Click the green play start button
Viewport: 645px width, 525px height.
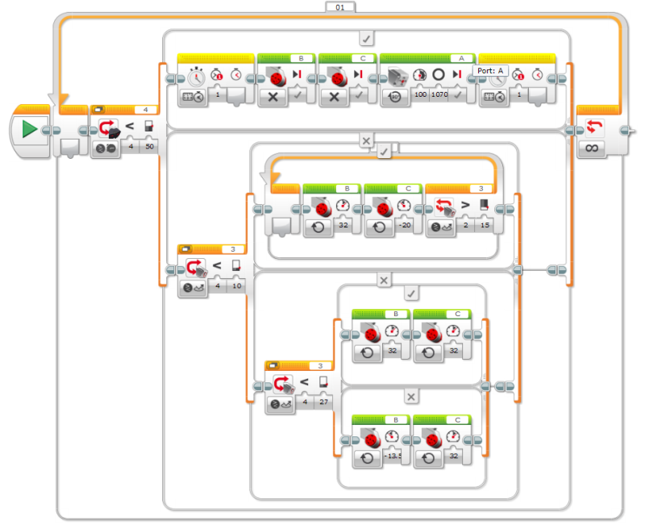[x=30, y=129]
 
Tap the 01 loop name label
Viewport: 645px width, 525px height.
[x=339, y=6]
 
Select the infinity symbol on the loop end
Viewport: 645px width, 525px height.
[x=591, y=149]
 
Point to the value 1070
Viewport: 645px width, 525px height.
[x=439, y=95]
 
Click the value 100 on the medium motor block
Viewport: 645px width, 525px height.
[x=419, y=95]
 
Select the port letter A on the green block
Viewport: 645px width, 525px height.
[x=462, y=58]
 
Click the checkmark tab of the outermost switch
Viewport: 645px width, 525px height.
[x=367, y=37]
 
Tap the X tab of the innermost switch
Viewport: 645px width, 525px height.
[x=411, y=397]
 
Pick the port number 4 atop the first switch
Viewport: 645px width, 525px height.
[x=145, y=109]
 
